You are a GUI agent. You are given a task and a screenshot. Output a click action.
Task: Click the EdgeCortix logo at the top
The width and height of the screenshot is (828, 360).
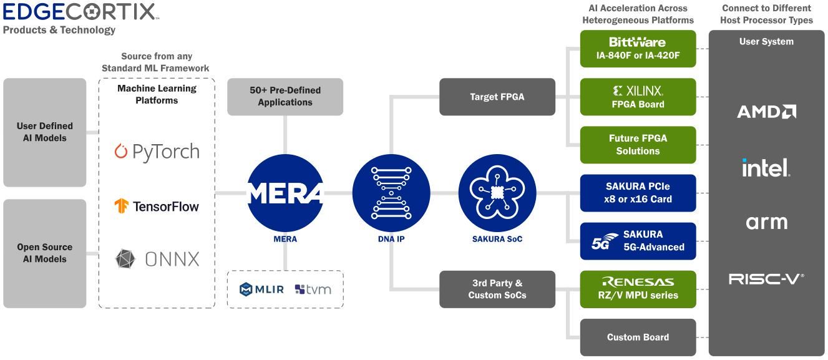(x=80, y=11)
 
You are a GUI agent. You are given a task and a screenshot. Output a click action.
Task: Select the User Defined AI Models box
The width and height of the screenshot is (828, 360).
(x=45, y=132)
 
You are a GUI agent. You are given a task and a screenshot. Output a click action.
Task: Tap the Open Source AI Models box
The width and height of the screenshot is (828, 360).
(x=45, y=253)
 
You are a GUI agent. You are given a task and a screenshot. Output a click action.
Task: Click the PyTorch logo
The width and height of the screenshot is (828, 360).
(x=157, y=152)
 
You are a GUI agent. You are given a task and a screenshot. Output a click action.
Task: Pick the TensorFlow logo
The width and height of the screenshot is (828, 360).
(x=157, y=206)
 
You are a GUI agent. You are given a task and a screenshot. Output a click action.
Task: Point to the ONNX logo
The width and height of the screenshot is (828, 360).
(x=157, y=259)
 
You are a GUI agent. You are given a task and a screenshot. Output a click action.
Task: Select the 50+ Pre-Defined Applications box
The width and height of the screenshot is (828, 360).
(x=285, y=97)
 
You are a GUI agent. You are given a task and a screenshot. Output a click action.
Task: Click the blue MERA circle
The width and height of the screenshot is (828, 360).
(x=285, y=193)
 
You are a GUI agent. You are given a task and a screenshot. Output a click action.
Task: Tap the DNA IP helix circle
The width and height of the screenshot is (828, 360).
(x=391, y=193)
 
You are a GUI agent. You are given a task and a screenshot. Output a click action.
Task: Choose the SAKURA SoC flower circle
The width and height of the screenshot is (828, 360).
(x=497, y=193)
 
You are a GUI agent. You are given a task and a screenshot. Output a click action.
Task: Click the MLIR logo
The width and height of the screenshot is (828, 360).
(x=262, y=289)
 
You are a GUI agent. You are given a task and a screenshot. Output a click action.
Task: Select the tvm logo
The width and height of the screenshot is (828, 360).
(x=313, y=289)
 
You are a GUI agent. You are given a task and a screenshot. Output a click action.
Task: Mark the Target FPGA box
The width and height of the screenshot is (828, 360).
(x=497, y=97)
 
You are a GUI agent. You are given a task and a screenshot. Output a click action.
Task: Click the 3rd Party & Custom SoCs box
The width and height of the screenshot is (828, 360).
(x=497, y=289)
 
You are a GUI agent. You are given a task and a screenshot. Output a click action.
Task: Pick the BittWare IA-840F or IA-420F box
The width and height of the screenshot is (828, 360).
(x=638, y=49)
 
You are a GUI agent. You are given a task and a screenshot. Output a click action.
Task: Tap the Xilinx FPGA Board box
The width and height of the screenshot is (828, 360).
(x=638, y=97)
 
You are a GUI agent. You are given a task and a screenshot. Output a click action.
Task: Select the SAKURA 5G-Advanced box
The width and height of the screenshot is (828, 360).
(x=638, y=241)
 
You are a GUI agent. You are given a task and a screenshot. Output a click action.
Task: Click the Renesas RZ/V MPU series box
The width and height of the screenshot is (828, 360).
(x=638, y=289)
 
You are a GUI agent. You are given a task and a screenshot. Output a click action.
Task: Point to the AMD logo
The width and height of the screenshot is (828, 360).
(x=766, y=112)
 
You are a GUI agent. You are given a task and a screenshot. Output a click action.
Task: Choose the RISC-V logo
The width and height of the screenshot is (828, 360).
(x=766, y=279)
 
